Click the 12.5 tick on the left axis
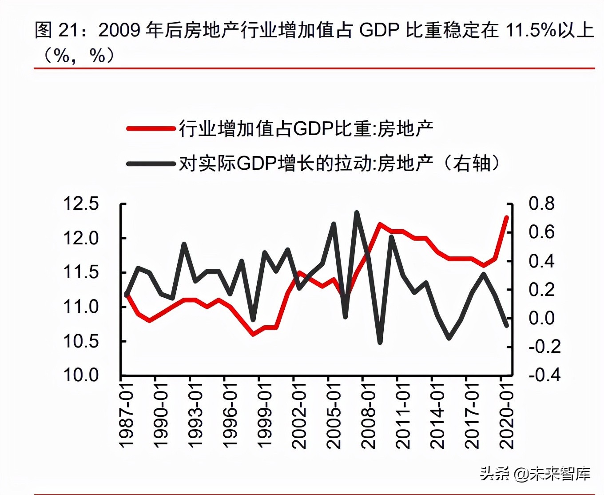pos(81,204)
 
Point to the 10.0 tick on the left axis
pos(81,375)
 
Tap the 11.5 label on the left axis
pos(81,272)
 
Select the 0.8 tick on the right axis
pos(541,204)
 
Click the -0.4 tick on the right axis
pos(544,375)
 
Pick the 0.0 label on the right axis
pos(541,318)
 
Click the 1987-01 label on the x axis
pos(127,415)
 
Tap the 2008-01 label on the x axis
pos(368,415)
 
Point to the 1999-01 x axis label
pos(265,415)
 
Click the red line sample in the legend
pos(151,129)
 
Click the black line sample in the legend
pos(151,164)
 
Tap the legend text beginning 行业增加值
pos(306,129)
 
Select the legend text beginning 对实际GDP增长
pos(340,164)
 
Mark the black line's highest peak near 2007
pos(357,213)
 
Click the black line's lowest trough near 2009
pos(380,342)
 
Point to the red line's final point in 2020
pos(506,217)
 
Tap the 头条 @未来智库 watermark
pos(535,474)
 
